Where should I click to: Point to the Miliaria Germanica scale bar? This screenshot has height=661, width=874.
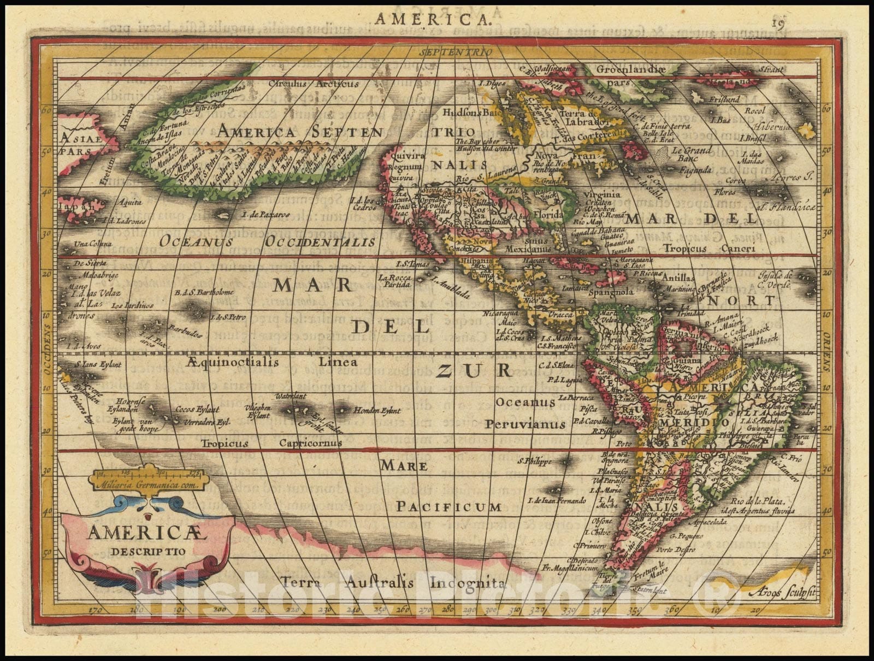147,476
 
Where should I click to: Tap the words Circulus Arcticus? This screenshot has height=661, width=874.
314,84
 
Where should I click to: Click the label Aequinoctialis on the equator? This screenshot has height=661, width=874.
232,362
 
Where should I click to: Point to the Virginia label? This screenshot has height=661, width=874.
601,194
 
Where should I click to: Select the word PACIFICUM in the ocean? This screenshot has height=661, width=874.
448,506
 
